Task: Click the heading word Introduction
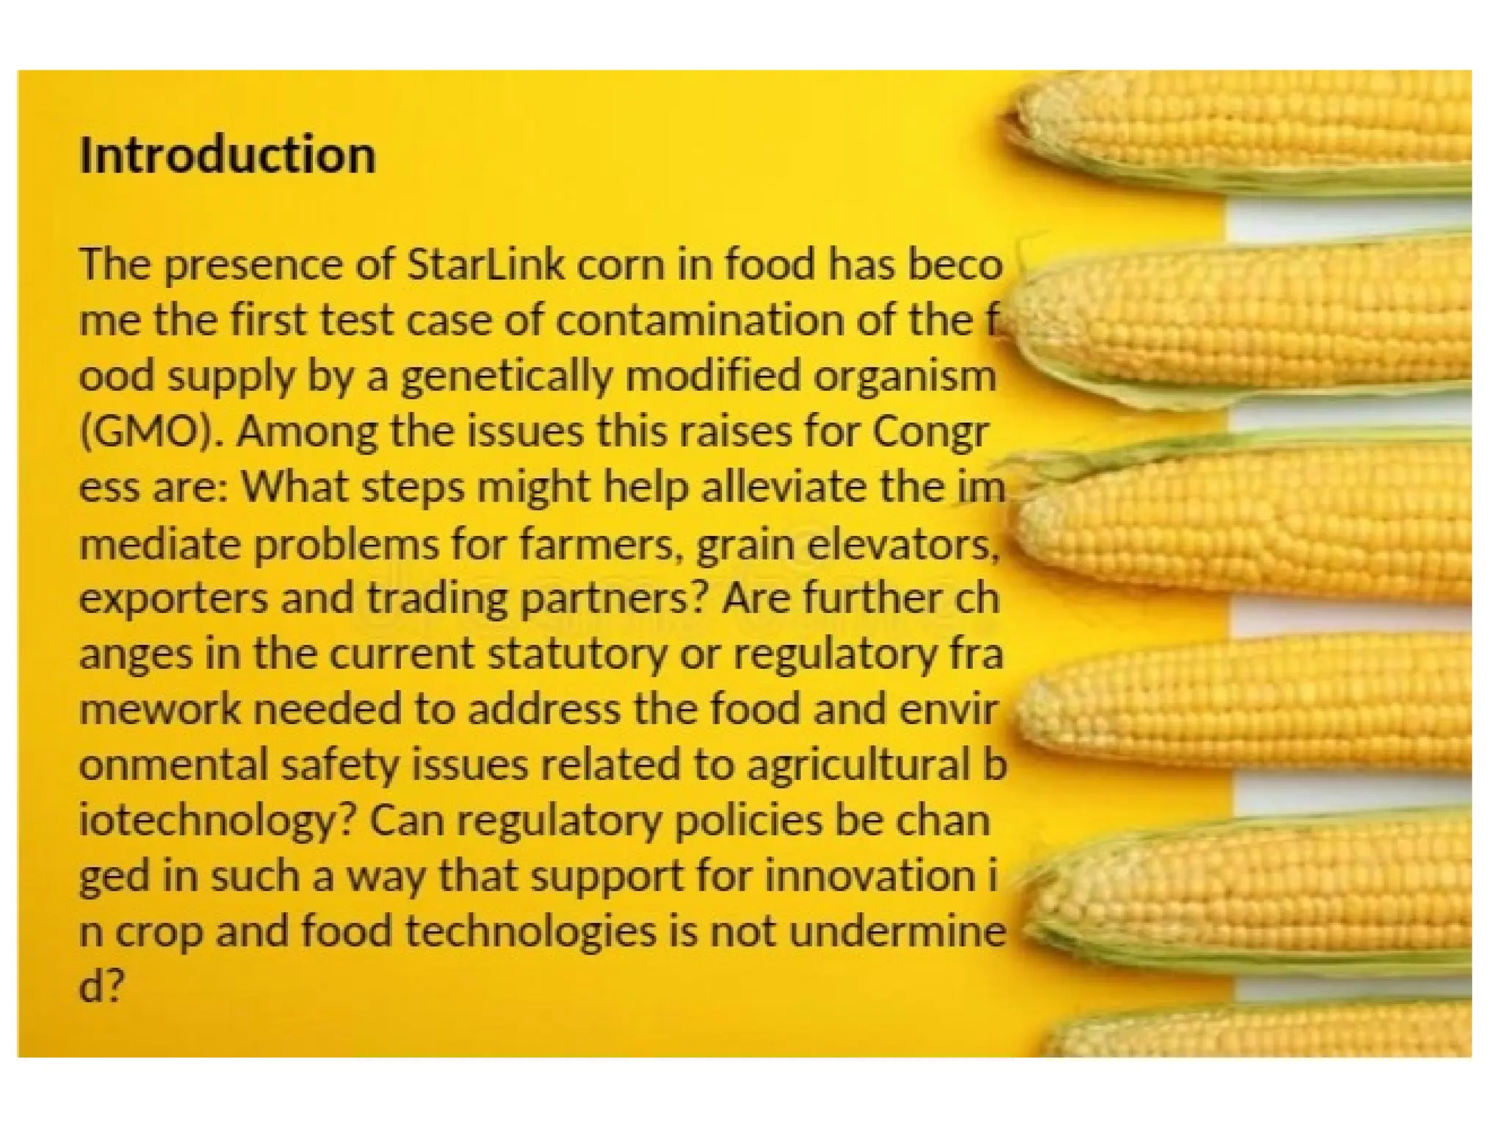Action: click(x=227, y=156)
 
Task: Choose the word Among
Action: click(x=307, y=432)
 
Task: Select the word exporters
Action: click(x=173, y=599)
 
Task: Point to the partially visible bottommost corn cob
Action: click(x=1263, y=1035)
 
